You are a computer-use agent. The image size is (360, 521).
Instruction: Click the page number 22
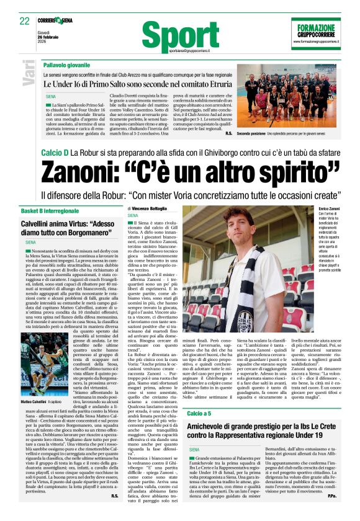(x=25, y=21)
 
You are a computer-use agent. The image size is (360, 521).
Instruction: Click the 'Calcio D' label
(x=54, y=151)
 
